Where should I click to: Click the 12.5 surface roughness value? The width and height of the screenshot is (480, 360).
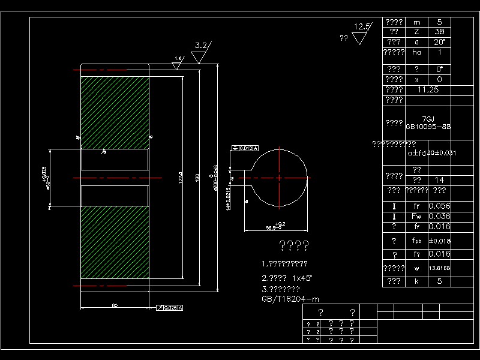point(362,27)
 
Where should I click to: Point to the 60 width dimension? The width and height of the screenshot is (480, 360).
point(114,305)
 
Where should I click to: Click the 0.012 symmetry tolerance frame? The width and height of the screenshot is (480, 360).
point(245,148)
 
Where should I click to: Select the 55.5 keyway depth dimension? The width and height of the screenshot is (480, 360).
point(275,227)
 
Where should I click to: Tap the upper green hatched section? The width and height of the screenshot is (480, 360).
point(115,112)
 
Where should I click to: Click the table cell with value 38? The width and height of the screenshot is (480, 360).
point(439,32)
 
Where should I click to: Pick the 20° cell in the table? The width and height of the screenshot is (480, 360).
point(439,42)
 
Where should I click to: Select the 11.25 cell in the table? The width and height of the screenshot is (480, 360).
point(427,89)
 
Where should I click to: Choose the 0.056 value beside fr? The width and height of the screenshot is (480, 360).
point(439,206)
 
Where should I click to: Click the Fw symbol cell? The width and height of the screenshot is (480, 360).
point(416,216)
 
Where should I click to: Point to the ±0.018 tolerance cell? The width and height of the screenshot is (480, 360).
point(439,241)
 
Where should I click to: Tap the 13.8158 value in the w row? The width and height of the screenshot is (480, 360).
point(439,268)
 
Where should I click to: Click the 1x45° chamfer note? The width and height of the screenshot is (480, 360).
point(287,278)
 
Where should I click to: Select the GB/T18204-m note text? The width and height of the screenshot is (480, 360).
point(290,299)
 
